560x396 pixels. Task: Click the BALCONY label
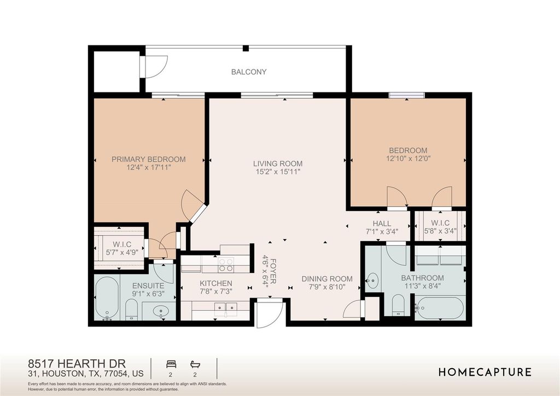[249, 72]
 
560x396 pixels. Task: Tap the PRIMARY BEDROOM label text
[149, 159]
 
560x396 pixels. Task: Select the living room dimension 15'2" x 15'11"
[278, 172]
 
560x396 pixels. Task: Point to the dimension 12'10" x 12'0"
[408, 158]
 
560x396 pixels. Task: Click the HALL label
[382, 224]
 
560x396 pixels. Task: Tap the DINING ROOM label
[327, 279]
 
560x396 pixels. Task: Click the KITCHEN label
[215, 283]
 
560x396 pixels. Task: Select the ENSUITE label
[148, 286]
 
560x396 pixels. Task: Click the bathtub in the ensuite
[107, 298]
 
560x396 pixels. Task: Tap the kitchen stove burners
[226, 265]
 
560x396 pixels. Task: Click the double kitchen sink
[226, 307]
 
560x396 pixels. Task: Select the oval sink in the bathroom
[373, 281]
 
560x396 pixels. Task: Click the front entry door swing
[270, 313]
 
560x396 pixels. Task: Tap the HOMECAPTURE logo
[485, 372]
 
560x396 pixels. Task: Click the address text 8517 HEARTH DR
[77, 364]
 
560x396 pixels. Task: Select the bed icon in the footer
[171, 364]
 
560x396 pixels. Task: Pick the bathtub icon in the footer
[195, 364]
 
